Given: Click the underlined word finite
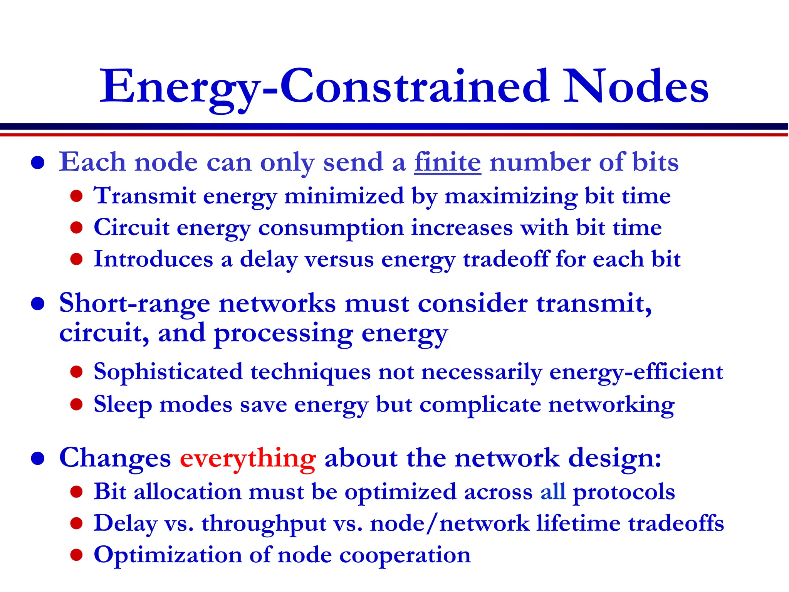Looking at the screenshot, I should [447, 162].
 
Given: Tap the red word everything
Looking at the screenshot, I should [248, 459].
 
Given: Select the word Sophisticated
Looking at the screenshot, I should [168, 372].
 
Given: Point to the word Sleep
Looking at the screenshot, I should [123, 405].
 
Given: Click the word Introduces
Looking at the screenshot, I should [153, 259].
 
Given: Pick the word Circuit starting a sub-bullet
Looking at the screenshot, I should [131, 227].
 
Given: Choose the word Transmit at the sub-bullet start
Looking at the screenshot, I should [145, 196].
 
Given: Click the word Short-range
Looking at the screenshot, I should [134, 304].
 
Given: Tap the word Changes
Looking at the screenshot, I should [115, 459].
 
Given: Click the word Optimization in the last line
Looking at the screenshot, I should [168, 555].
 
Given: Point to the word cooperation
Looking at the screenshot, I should [405, 555].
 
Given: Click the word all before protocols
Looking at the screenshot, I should [553, 492].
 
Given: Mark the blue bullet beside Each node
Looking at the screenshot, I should [38, 163].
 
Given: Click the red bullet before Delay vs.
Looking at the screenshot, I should [77, 523].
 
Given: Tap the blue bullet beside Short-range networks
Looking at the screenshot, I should [38, 304].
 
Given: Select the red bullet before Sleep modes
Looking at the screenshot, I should [77, 404].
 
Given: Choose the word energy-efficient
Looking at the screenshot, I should [636, 372].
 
